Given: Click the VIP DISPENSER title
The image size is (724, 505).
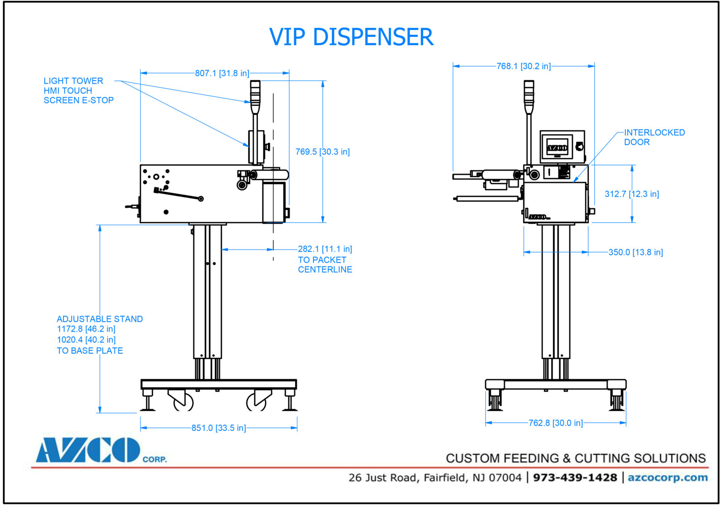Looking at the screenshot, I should [351, 37].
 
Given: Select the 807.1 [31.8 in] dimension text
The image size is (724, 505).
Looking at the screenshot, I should [222, 73].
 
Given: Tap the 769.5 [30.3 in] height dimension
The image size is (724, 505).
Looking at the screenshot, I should [322, 152].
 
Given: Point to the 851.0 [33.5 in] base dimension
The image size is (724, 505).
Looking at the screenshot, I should [218, 428].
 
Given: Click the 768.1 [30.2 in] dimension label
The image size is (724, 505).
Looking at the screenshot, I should [523, 66].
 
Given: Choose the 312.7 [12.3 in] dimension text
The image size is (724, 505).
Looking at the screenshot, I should [632, 194].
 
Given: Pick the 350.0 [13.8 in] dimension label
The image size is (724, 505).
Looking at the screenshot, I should [635, 252].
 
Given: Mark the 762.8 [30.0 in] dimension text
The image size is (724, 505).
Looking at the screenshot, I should [556, 423].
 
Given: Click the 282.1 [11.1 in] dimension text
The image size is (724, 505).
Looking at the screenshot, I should [324, 249].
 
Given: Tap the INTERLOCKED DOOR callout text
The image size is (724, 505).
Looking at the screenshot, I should [654, 137].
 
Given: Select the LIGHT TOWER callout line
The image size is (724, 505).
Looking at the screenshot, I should [73, 81].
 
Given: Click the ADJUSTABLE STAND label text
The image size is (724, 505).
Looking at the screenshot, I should [100, 319].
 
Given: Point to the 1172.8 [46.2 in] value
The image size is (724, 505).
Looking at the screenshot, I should [86, 329].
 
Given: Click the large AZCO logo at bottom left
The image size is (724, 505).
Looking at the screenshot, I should [89, 450].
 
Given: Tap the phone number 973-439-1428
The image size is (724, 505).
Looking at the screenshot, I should [575, 478].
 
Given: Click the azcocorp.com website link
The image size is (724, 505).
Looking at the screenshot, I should [667, 478].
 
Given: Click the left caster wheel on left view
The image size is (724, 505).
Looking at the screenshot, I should [183, 401].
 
